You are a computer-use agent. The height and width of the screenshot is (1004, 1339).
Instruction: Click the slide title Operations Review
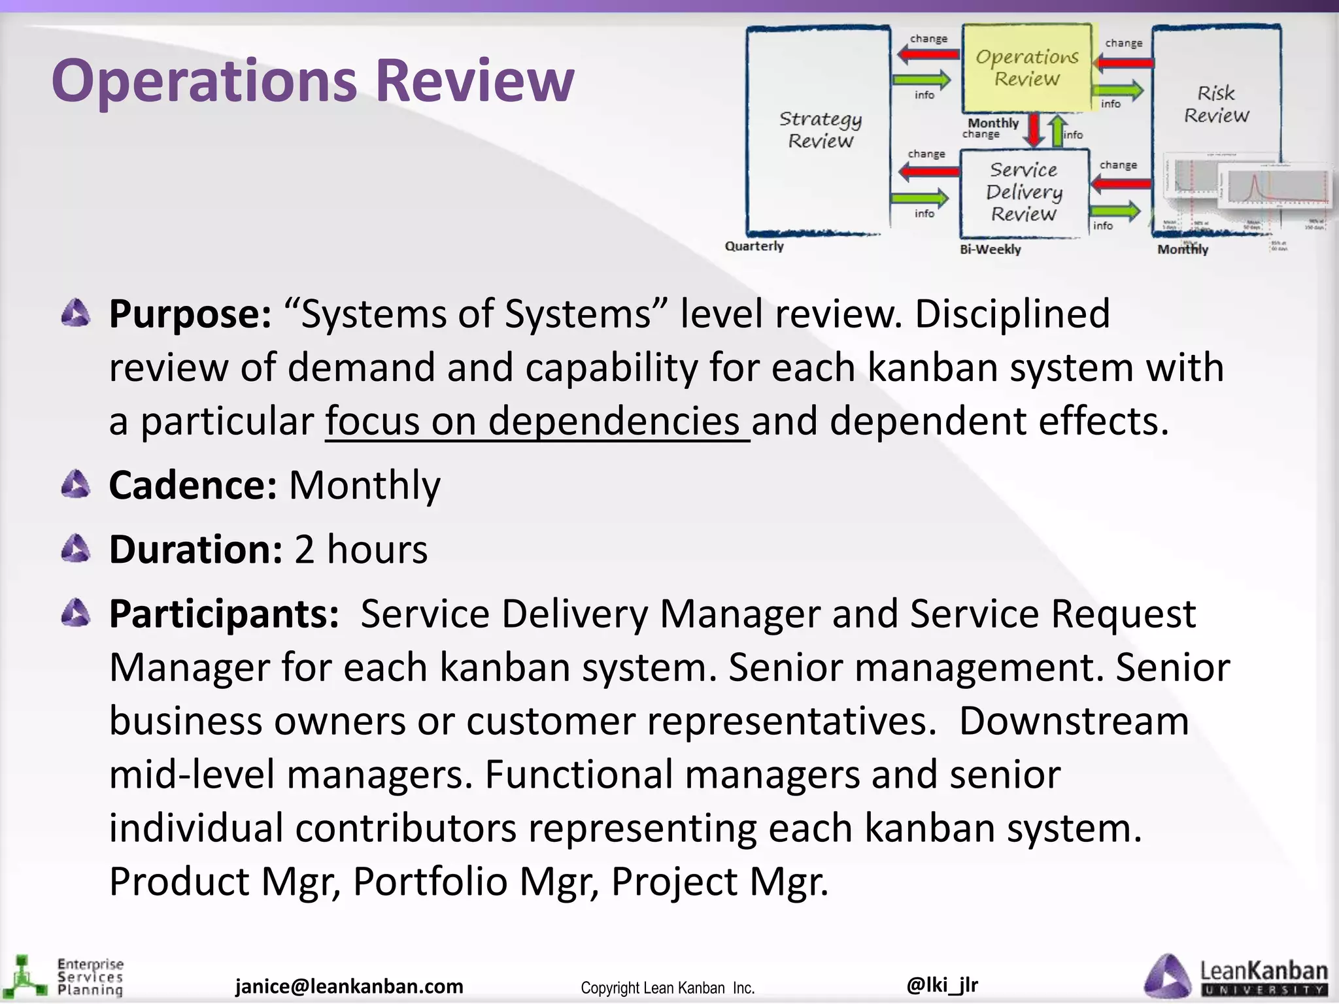[313, 80]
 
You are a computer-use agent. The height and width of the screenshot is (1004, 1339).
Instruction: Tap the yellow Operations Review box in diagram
[1026, 68]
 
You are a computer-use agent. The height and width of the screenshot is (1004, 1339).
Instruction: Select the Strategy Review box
[820, 129]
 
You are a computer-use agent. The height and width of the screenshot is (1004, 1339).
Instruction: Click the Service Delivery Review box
[1024, 192]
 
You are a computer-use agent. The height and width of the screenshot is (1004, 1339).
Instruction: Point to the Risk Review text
[1216, 104]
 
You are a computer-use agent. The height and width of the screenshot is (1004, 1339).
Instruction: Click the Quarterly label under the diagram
[754, 246]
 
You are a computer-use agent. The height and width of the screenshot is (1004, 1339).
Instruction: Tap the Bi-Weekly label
[990, 250]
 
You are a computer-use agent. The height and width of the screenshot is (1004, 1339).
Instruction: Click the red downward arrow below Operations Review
[1034, 130]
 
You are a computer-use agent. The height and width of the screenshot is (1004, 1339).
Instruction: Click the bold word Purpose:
[190, 314]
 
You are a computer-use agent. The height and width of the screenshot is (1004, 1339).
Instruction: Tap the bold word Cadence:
[193, 486]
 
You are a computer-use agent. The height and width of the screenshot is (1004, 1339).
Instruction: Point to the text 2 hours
[361, 550]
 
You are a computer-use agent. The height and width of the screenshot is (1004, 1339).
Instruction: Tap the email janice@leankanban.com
[349, 986]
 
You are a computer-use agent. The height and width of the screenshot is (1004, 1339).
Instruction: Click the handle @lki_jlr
[942, 984]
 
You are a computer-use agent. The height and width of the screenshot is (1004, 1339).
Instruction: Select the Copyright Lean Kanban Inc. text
[668, 988]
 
